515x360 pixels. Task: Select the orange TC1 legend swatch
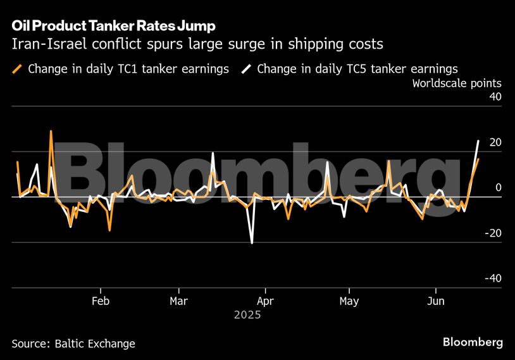(x=18, y=69)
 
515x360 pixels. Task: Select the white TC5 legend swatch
(x=246, y=69)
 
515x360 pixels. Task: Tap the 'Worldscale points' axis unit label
(x=457, y=83)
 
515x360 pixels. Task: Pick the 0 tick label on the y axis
(x=499, y=188)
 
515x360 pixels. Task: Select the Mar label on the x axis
(x=179, y=301)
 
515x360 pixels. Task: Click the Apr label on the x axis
(x=265, y=301)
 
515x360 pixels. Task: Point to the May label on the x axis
(x=349, y=301)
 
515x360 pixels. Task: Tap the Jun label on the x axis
(x=435, y=301)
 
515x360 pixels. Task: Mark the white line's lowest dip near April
(x=252, y=243)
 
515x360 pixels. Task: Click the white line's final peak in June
(x=478, y=140)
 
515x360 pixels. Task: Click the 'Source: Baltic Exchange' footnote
(x=73, y=344)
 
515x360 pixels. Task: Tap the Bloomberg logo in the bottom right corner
(x=473, y=342)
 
